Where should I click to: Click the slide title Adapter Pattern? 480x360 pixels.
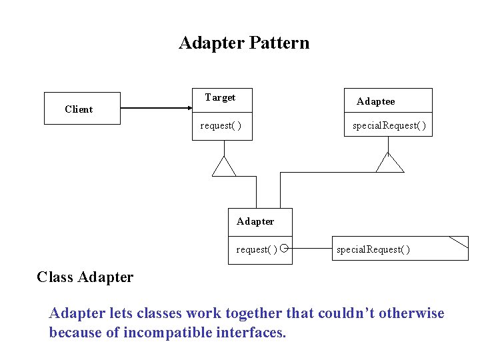click(x=244, y=43)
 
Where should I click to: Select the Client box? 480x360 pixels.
click(x=82, y=109)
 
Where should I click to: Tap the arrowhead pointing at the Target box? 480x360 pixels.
click(x=187, y=108)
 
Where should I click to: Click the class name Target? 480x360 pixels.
click(x=220, y=97)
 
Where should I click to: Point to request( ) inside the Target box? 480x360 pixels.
click(x=221, y=125)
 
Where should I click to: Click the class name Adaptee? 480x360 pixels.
click(x=375, y=101)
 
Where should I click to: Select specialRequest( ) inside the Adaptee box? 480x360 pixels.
click(x=389, y=125)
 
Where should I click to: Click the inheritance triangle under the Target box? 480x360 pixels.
click(x=224, y=167)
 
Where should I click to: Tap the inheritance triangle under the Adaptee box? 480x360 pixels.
click(x=389, y=163)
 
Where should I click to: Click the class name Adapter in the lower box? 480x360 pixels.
click(x=255, y=221)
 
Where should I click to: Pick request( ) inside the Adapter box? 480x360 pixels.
click(x=257, y=249)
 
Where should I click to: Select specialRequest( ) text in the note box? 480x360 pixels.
click(x=373, y=249)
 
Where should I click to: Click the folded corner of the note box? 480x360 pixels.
click(x=461, y=241)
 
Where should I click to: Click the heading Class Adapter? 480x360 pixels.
click(x=85, y=277)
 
